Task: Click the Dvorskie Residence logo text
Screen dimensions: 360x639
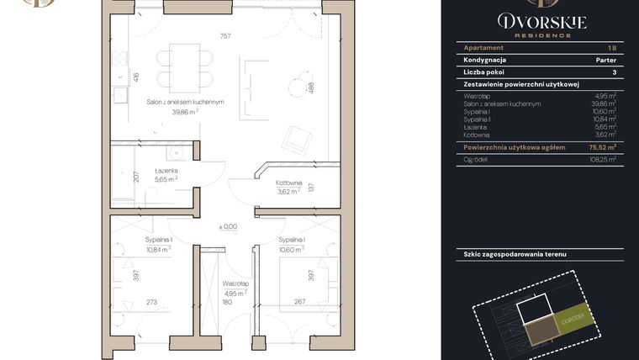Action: pyautogui.click(x=541, y=23)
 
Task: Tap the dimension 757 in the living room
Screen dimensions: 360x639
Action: pyautogui.click(x=224, y=36)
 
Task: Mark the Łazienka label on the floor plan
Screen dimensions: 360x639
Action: pyautogui.click(x=166, y=171)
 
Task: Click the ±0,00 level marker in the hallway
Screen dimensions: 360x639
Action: pyautogui.click(x=228, y=226)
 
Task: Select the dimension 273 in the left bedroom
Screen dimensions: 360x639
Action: pyautogui.click(x=152, y=302)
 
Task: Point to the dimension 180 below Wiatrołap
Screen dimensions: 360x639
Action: pyautogui.click(x=226, y=302)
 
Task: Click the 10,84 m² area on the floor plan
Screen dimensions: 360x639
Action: pyautogui.click(x=157, y=249)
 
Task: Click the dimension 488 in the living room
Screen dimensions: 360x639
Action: pyautogui.click(x=311, y=87)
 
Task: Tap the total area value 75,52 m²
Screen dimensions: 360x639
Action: pyautogui.click(x=600, y=146)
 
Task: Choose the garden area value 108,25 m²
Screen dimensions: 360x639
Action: pyautogui.click(x=601, y=158)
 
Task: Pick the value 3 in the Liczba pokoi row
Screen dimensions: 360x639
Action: pyautogui.click(x=614, y=73)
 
